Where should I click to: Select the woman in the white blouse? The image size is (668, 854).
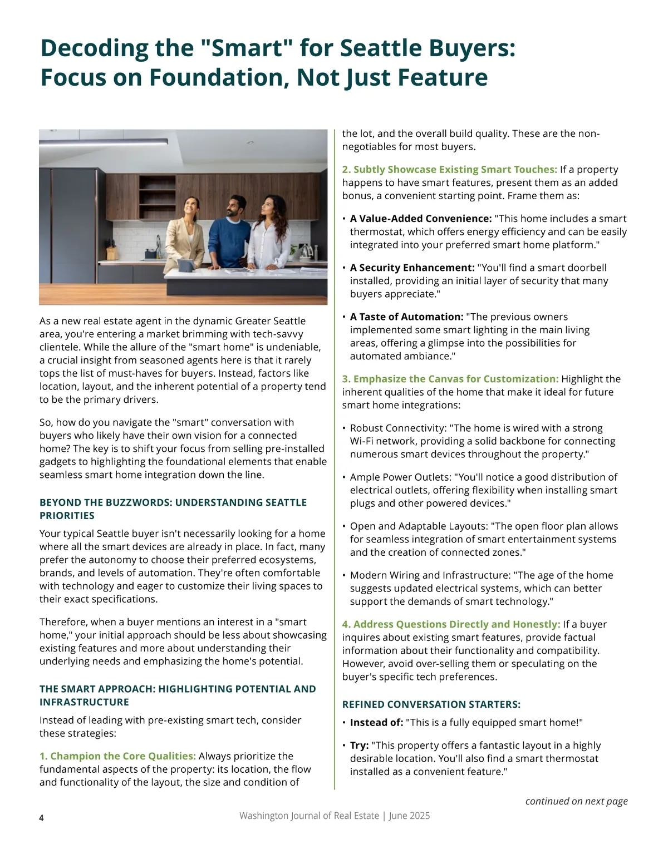coord(269,236)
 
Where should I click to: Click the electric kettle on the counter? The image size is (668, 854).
coord(306,251)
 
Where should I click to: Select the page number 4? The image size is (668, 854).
coord(42,817)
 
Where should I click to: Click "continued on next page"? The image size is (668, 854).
coord(576,801)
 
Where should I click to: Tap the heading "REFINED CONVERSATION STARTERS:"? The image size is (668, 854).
coord(431,704)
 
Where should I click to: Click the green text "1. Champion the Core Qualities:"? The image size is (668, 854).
coord(117,756)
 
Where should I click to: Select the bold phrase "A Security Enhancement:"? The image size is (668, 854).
coord(412,268)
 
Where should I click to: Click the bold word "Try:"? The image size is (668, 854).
coord(359,746)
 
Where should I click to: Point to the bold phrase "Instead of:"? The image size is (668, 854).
coord(376,723)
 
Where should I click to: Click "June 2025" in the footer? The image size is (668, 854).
coord(409,816)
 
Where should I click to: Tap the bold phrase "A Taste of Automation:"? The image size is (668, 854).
coord(406,317)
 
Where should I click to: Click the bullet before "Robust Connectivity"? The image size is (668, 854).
coord(344,428)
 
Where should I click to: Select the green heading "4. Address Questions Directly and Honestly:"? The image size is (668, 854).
coord(451,624)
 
